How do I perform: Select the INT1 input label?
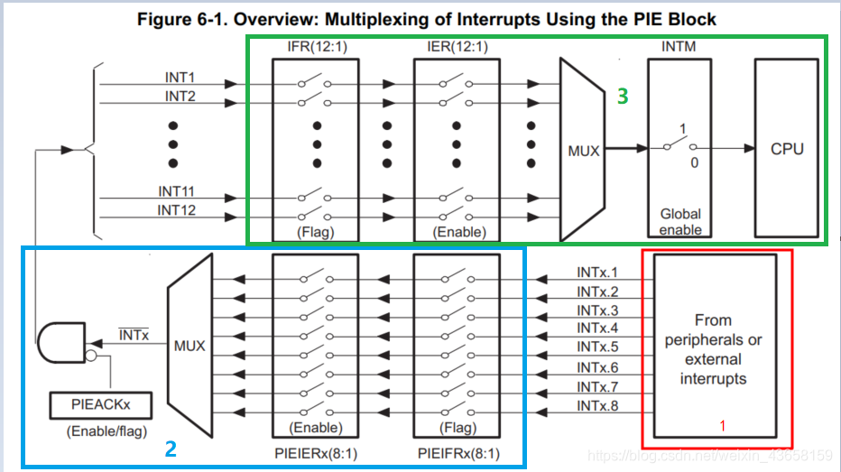pyautogui.click(x=180, y=78)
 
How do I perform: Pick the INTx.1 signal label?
pyautogui.click(x=597, y=272)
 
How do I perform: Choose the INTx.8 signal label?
pyautogui.click(x=597, y=405)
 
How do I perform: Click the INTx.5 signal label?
pyautogui.click(x=597, y=347)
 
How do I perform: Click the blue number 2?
pyautogui.click(x=170, y=448)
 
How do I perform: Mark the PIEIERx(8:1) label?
pyautogui.click(x=316, y=453)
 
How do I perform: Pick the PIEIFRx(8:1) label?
pyautogui.click(x=457, y=453)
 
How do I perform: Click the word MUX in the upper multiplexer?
pyautogui.click(x=584, y=151)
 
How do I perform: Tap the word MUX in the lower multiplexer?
pyautogui.click(x=189, y=346)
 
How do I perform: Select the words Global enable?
pyautogui.click(x=680, y=222)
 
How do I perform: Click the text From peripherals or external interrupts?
pyautogui.click(x=713, y=348)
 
